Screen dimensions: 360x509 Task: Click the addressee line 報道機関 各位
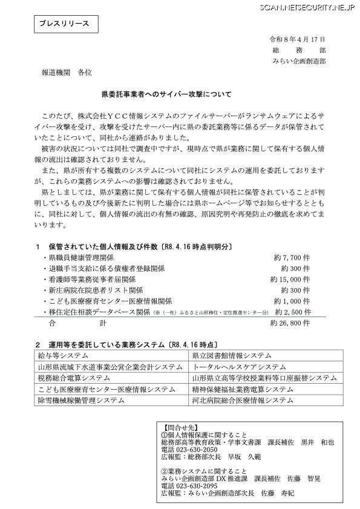point(66,73)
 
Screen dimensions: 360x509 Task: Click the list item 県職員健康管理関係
point(83,257)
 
